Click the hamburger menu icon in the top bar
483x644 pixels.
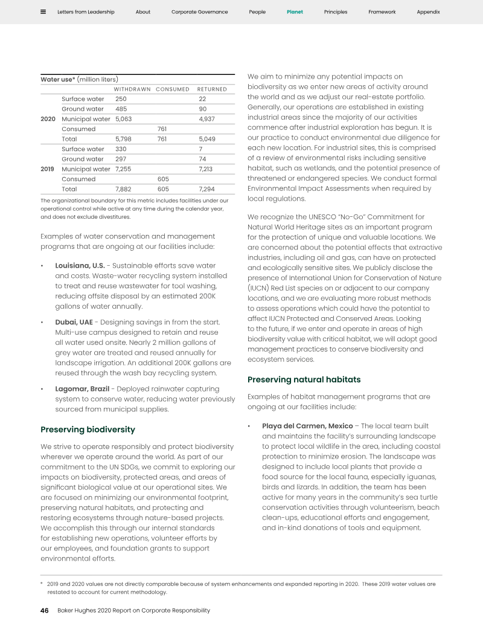[43, 11]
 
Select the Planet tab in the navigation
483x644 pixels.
[295, 12]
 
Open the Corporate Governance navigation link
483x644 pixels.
[200, 12]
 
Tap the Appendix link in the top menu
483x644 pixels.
[428, 12]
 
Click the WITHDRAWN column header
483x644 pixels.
[132, 89]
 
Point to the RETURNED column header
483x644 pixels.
[212, 89]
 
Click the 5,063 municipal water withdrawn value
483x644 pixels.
[123, 119]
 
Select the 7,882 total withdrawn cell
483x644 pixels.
[123, 189]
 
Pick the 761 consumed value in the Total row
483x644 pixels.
[162, 139]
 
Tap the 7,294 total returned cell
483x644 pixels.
[206, 189]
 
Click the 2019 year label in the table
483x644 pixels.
[48, 169]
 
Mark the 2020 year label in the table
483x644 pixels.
[48, 119]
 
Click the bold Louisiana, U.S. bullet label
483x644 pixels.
[80, 266]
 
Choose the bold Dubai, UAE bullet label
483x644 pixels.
[74, 322]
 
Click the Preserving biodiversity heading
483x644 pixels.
[88, 430]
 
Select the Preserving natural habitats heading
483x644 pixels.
[304, 379]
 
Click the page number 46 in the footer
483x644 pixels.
[45, 610]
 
